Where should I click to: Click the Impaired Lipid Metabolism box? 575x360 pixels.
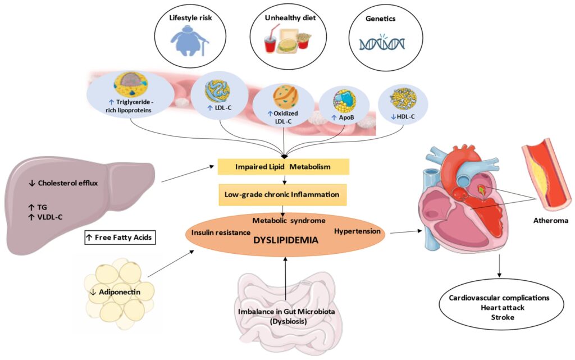(x=284, y=166)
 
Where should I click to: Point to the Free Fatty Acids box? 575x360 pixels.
(x=119, y=238)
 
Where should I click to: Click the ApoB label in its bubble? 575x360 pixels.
(x=344, y=120)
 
